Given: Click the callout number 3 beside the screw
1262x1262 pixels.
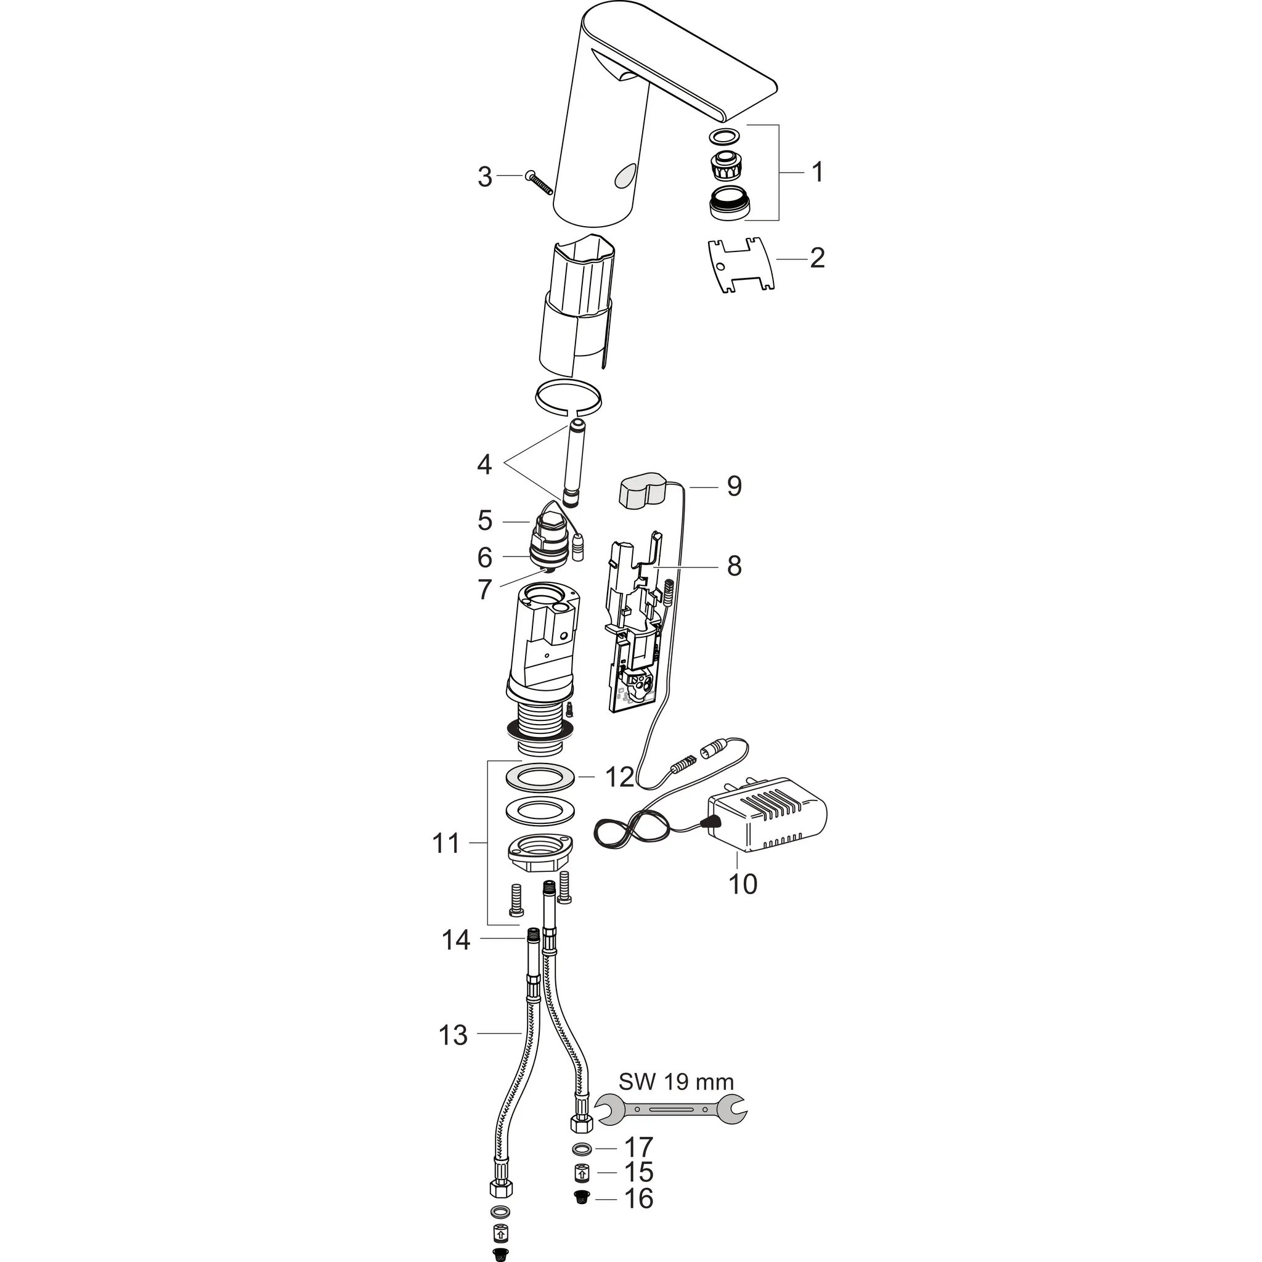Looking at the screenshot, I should coord(484,177).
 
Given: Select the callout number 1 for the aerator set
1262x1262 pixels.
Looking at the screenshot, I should coord(816,173).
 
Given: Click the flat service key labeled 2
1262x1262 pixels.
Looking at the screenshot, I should coord(741,265).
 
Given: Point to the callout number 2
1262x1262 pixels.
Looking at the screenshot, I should coord(816,258).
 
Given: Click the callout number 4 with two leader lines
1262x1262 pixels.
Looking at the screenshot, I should coord(484,465).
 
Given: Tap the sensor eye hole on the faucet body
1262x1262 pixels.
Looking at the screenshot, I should coord(624,175).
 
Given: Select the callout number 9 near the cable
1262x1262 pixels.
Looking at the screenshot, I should coord(734,486).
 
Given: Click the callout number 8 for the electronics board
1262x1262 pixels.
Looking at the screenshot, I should coord(734,566).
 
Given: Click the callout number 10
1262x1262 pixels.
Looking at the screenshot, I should coord(742,884).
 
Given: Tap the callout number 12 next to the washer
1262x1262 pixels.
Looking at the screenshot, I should coord(619,777).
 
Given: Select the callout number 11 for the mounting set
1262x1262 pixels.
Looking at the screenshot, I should coord(446,844).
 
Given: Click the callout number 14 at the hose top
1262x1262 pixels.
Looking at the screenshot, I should coord(456,940).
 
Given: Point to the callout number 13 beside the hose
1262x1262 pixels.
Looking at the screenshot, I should coord(454,1035).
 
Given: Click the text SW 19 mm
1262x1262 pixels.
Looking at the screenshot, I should coord(676,1082).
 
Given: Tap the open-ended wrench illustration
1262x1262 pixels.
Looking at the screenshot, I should coord(673,1109).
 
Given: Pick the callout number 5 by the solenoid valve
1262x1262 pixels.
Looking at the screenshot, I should coord(484,521).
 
